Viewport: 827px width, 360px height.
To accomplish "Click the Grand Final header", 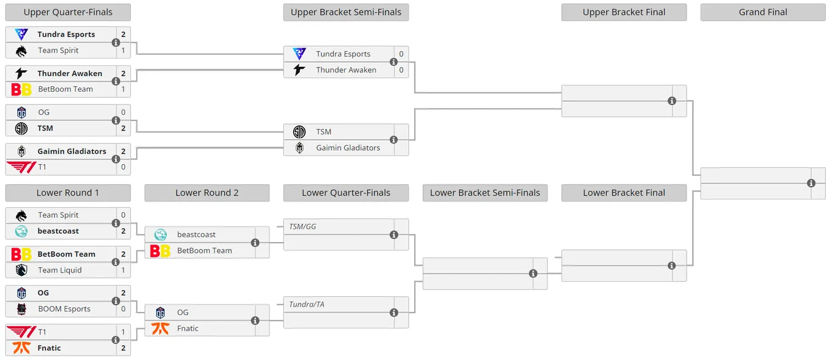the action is click(x=763, y=12).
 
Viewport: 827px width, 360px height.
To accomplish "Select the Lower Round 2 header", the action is click(x=207, y=193).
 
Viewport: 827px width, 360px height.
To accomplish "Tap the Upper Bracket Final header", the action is click(x=624, y=12).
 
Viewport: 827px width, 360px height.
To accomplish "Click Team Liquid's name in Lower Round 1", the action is click(x=60, y=270).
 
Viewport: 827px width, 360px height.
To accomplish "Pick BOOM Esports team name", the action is click(x=64, y=309).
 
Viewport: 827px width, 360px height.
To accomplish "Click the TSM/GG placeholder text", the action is click(x=302, y=227).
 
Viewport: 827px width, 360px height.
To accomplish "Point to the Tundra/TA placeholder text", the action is click(x=306, y=305).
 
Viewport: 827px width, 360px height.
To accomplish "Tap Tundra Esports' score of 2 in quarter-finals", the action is click(x=123, y=34).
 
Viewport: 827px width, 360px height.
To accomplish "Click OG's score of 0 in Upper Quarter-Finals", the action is click(x=123, y=112).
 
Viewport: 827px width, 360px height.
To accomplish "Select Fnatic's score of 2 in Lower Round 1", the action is click(x=123, y=348).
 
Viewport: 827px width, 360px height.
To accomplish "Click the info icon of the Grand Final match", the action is click(x=811, y=183).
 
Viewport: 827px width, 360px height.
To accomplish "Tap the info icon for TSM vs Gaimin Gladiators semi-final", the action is click(x=394, y=140).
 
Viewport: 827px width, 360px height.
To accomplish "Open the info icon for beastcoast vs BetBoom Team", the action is click(x=255, y=243).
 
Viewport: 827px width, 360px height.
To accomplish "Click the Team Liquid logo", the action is click(x=21, y=270).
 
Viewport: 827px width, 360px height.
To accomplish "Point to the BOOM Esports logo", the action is click(x=21, y=309).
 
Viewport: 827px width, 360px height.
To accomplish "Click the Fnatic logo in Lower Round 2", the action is click(x=161, y=328).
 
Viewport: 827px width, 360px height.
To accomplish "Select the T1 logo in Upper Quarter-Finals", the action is click(x=22, y=167).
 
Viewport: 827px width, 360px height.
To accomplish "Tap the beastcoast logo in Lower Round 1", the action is click(x=21, y=231).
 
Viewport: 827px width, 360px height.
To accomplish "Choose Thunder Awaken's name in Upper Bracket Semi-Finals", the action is click(x=346, y=70).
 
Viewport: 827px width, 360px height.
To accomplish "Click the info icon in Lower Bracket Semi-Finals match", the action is click(x=533, y=274).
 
